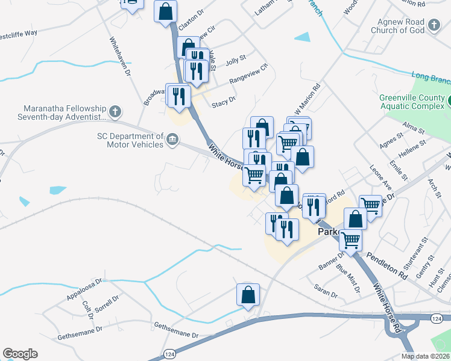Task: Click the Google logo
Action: click(x=20, y=354)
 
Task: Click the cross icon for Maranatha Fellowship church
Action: click(x=115, y=111)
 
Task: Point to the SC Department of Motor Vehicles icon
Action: click(x=172, y=140)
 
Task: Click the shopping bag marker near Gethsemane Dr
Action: click(x=248, y=295)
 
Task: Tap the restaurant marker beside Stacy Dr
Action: click(x=179, y=96)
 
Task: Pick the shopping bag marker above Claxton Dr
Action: click(x=166, y=11)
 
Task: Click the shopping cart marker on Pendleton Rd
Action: click(x=350, y=240)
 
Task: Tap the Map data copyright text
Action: click(x=424, y=356)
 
